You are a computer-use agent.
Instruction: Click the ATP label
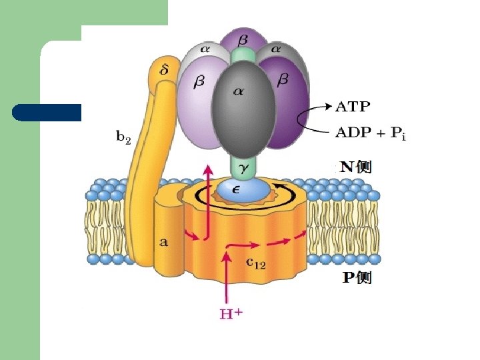(353, 105)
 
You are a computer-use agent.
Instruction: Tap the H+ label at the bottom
(231, 312)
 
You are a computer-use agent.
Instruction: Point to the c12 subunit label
(257, 262)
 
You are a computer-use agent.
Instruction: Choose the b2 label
(123, 137)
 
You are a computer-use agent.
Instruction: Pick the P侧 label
(357, 277)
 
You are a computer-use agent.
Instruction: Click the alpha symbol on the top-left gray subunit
(205, 49)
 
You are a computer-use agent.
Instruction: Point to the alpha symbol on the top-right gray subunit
(275, 49)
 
